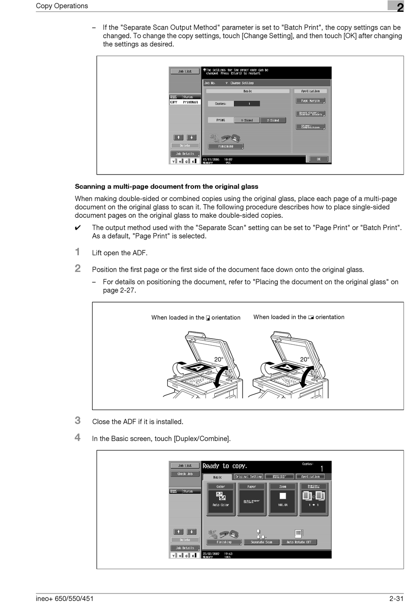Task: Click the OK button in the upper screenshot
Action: (318, 159)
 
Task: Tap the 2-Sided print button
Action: (273, 120)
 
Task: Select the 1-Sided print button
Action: (247, 120)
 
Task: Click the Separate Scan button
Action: (262, 542)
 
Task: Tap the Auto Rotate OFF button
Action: (299, 542)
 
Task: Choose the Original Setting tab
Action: (248, 477)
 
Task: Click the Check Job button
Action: (185, 474)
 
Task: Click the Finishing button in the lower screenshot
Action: (224, 542)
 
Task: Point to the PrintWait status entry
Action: (191, 102)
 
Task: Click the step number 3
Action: (78, 421)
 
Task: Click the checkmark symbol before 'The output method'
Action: (78, 228)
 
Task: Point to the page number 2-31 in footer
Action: (396, 598)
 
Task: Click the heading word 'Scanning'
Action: (90, 187)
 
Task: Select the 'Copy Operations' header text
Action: (62, 6)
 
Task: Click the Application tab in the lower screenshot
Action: (311, 477)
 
